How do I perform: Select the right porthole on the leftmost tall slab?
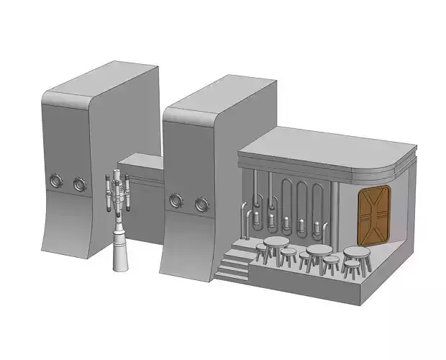[78, 184]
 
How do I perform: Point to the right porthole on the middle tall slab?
[201, 205]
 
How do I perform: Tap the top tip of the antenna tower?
[119, 174]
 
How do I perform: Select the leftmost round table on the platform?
[275, 243]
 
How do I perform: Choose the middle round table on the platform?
[318, 251]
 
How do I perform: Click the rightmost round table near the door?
[357, 252]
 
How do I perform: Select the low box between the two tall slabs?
[142, 167]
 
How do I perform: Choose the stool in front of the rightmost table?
[351, 268]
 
